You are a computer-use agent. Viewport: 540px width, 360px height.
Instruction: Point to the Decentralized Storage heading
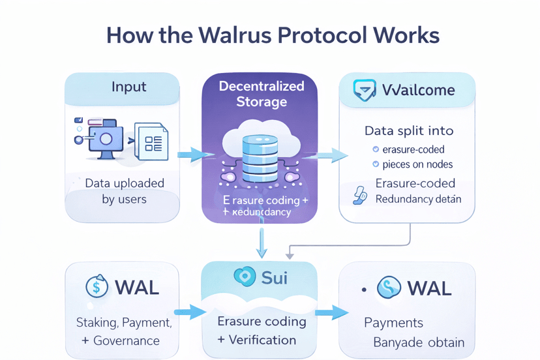(x=261, y=94)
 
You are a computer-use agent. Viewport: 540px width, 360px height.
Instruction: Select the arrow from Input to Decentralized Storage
(x=195, y=155)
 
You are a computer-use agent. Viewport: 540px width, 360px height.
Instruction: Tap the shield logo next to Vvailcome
(x=364, y=90)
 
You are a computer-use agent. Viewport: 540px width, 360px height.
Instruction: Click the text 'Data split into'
(x=409, y=130)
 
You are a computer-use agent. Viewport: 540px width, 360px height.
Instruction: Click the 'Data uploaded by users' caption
(x=125, y=191)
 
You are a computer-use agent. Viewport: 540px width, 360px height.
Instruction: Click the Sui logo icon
(x=244, y=277)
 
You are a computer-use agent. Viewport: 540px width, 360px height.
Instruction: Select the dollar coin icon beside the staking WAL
(x=97, y=287)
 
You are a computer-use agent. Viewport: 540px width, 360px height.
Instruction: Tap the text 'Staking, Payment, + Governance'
(x=124, y=331)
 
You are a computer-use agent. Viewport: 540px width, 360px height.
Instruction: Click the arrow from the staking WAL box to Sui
(x=190, y=312)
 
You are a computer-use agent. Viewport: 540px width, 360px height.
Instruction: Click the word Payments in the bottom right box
(x=393, y=323)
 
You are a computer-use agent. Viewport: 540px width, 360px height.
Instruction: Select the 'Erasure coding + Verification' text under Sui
(x=261, y=330)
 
